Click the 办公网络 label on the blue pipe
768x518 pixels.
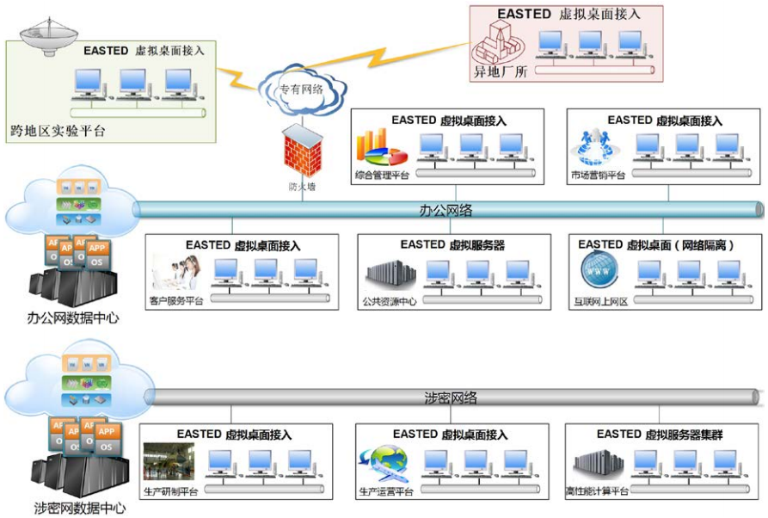[447, 210]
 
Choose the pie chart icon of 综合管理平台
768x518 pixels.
[382, 148]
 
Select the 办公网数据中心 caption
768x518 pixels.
[72, 318]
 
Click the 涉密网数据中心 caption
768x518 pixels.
[72, 508]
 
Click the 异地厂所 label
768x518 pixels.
[501, 72]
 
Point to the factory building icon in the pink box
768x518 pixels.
[500, 40]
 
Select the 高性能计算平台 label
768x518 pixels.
[597, 491]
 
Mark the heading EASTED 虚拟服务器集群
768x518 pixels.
[660, 435]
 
